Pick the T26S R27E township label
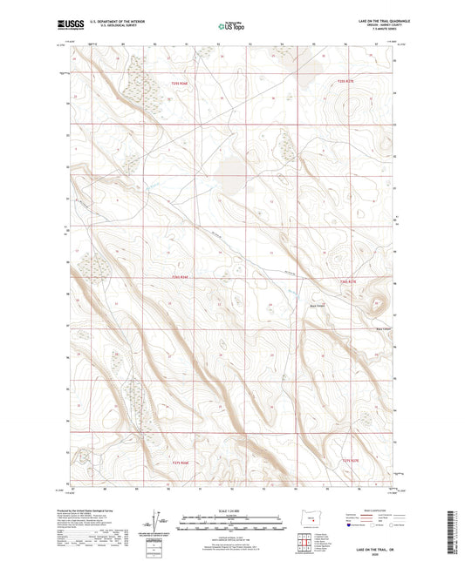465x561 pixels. (x=346, y=280)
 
